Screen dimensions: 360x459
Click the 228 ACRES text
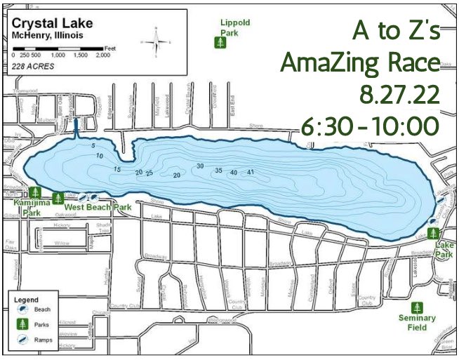[32, 66]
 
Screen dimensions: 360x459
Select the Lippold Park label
[234, 27]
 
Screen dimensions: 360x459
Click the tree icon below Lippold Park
[221, 44]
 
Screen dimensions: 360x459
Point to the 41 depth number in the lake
[250, 173]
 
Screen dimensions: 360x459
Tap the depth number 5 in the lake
[93, 145]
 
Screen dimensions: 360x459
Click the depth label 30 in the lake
[200, 166]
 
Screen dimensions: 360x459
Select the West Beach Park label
[98, 208]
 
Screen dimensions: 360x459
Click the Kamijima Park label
[35, 206]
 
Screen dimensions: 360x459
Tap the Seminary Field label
[417, 322]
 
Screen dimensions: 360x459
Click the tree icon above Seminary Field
[417, 307]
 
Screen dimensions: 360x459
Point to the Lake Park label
[444, 249]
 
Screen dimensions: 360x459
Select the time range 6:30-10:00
[369, 126]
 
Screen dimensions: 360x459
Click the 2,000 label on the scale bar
[102, 54]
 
